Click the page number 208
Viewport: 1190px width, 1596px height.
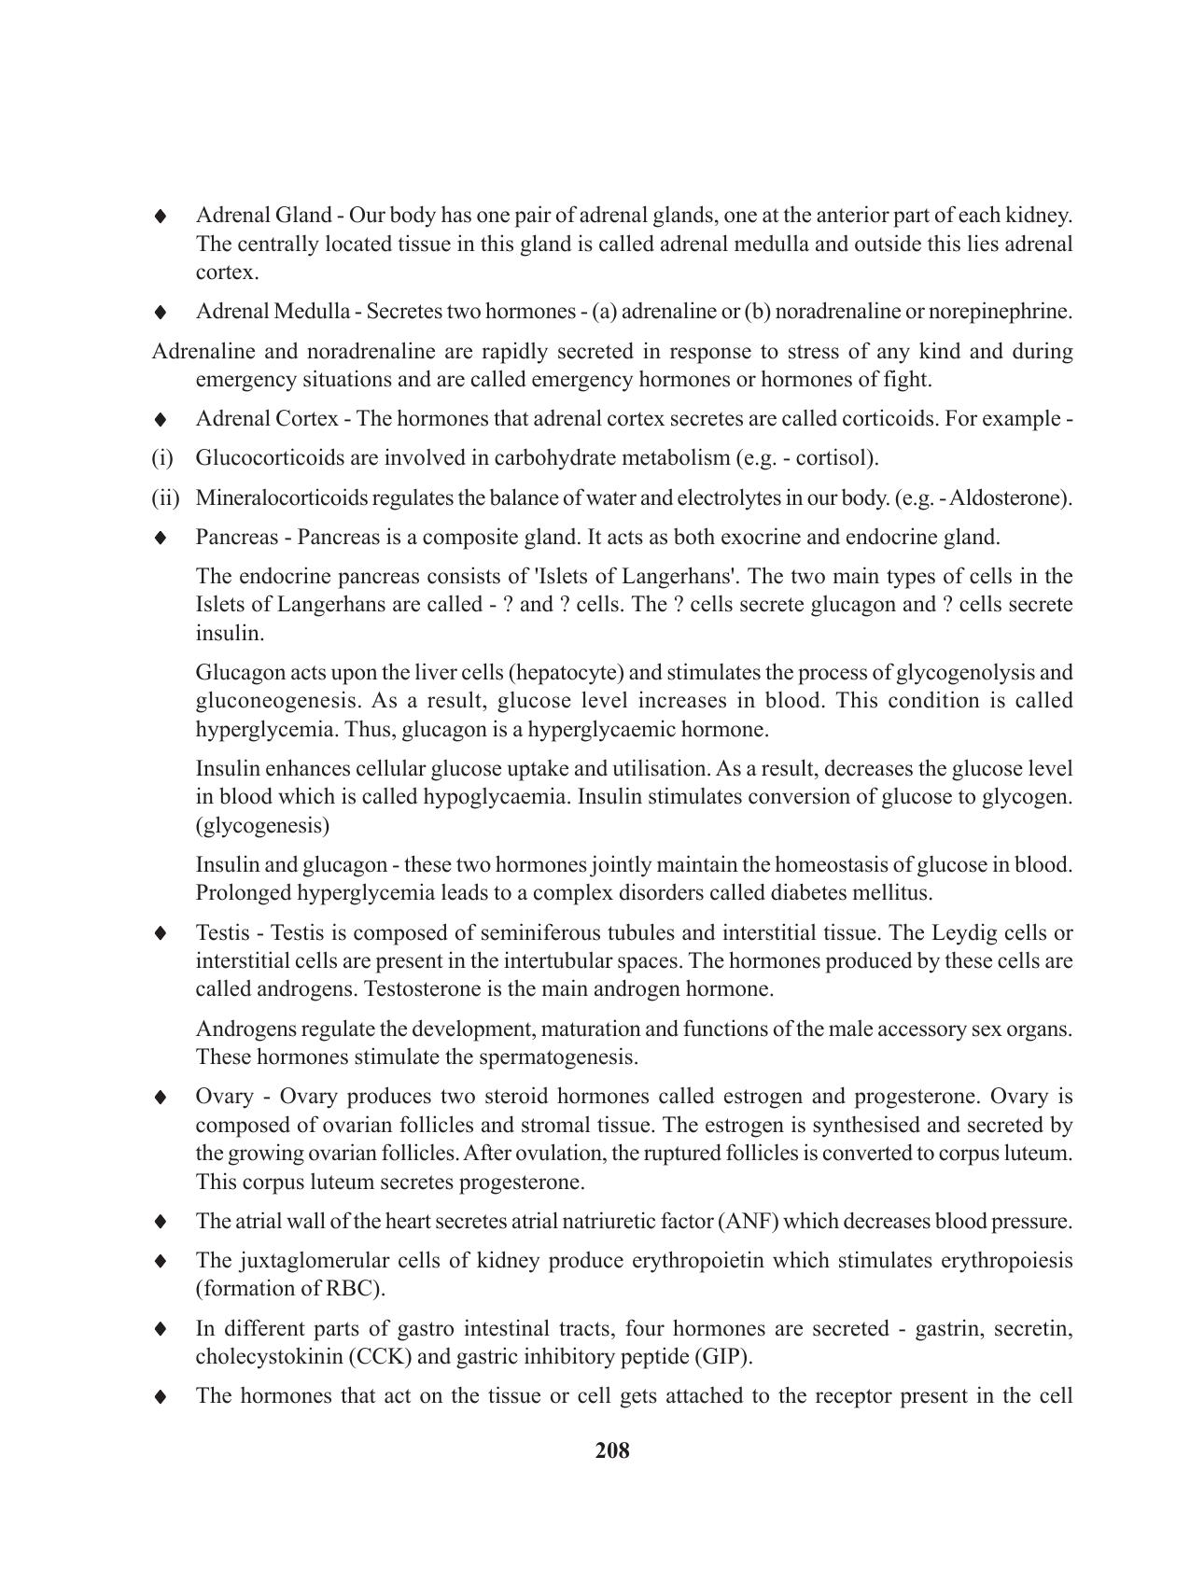(x=612, y=1450)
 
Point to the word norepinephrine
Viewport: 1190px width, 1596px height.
(x=1007, y=312)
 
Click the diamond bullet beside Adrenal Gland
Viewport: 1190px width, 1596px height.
(x=161, y=217)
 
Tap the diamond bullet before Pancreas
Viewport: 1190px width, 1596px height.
(x=161, y=539)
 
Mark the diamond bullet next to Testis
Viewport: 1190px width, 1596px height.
(x=161, y=933)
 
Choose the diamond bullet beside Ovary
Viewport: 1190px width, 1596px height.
(x=161, y=1097)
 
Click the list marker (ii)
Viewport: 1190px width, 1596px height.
(x=165, y=497)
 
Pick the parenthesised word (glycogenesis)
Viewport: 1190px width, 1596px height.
(x=262, y=826)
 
